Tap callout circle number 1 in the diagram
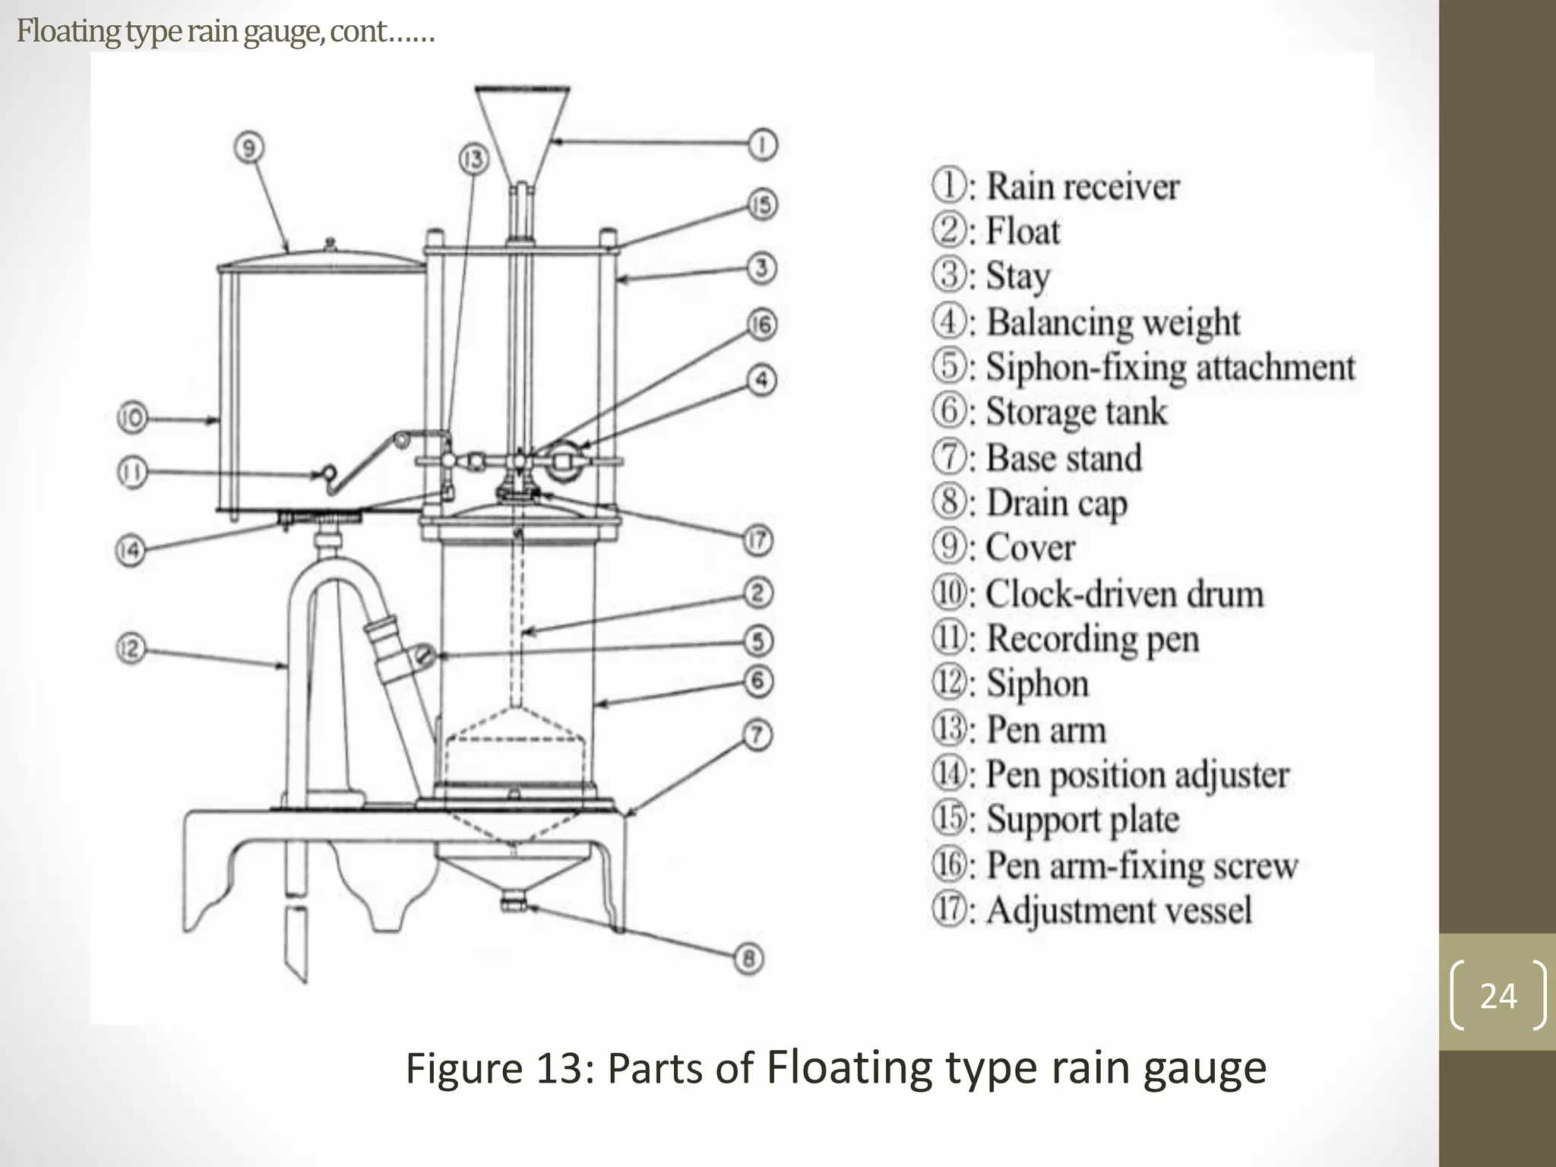tap(762, 144)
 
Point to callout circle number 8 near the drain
tap(748, 959)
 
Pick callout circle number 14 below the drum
tap(130, 549)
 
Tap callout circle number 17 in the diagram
tap(757, 541)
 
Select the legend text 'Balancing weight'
tap(1112, 322)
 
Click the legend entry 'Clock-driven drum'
tap(1124, 594)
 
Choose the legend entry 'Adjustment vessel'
tap(1118, 910)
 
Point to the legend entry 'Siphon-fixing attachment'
tap(1169, 367)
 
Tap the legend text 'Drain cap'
tap(1055, 503)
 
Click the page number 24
tap(1497, 995)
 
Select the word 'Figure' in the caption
tap(463, 1067)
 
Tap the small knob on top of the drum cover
tap(329, 243)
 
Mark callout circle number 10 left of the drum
tap(131, 418)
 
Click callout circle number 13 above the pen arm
tap(473, 160)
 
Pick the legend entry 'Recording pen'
tap(1092, 638)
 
